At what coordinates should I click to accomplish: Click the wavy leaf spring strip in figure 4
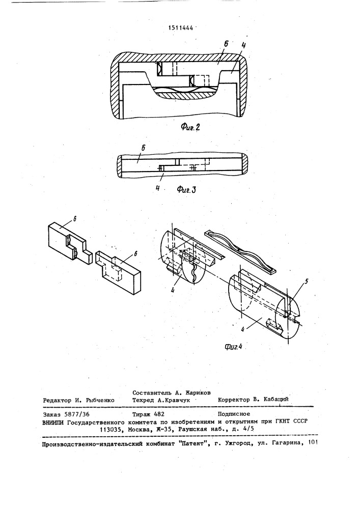239,250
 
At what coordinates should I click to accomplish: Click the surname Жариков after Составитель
196,392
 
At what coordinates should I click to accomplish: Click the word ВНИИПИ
55,422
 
